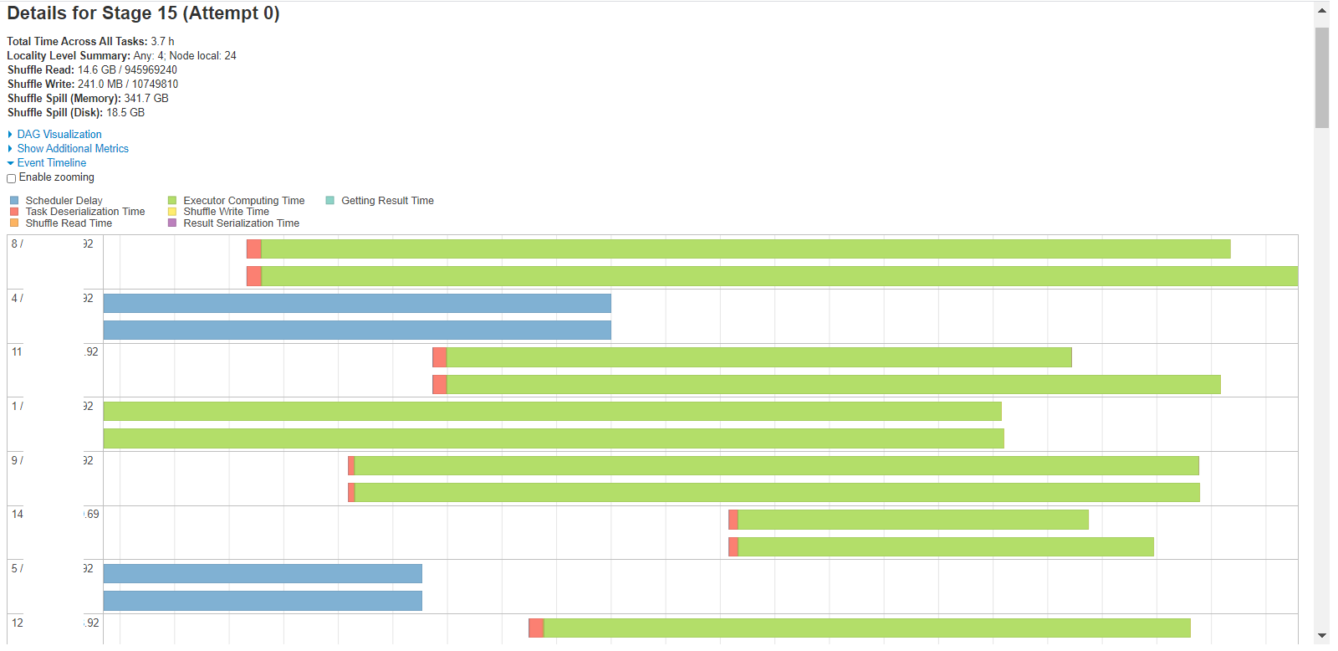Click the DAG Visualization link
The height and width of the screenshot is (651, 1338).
pos(59,134)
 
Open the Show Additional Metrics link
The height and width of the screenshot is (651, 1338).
pos(73,148)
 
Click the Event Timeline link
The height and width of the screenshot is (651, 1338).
pos(52,162)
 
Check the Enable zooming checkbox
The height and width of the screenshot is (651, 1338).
pos(12,178)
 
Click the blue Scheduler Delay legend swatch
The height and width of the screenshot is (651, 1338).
pos(14,201)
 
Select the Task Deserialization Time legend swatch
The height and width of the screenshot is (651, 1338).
pos(14,212)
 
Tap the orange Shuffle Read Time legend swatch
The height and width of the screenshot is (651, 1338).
pos(14,223)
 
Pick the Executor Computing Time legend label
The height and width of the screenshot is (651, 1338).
pos(243,201)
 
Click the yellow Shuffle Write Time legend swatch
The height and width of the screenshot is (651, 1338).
pos(172,212)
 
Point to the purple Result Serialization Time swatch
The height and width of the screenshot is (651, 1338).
pos(172,223)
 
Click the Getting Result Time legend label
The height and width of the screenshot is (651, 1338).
pos(387,201)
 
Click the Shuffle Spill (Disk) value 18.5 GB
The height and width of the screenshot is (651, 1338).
pos(125,112)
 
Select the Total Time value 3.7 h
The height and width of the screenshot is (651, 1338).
pos(162,41)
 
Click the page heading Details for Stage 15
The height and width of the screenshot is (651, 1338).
pos(143,13)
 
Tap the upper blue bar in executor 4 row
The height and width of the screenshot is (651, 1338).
pos(357,303)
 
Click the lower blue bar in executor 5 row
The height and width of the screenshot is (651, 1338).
pos(263,601)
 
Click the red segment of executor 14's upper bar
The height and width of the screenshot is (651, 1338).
pos(733,520)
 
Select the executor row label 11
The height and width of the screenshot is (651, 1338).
pos(17,352)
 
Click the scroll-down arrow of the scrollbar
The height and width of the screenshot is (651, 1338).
pos(1322,636)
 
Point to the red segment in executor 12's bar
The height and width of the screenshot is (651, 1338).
pos(536,628)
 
